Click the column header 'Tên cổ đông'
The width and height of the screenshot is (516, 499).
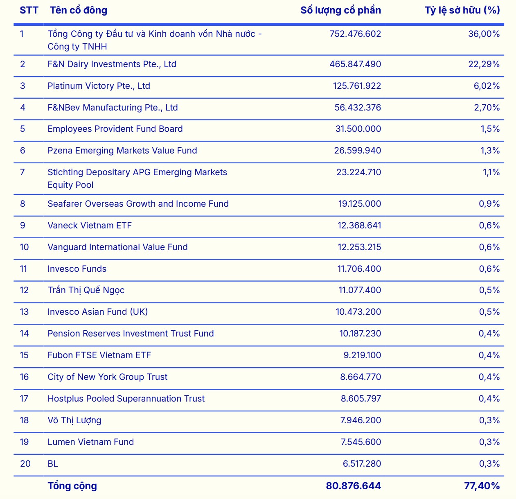pos(79,10)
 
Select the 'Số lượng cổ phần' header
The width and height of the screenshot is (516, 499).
pos(341,10)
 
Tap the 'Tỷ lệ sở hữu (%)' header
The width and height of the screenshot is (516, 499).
pos(462,10)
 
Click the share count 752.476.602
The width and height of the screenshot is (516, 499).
pos(355,34)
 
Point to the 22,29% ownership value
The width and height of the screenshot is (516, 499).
pos(484,64)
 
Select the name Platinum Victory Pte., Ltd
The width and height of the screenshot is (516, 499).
pos(99,86)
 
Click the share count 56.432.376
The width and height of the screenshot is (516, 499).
pos(357,107)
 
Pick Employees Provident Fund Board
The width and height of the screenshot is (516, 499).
pos(115,129)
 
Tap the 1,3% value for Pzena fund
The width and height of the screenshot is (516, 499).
pos(490,151)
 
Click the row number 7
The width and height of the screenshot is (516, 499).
pos(23,172)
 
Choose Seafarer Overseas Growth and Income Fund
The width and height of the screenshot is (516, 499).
pos(138,204)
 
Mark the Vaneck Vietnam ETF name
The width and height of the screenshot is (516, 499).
pos(90,226)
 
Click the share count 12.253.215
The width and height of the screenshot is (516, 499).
pos(359,247)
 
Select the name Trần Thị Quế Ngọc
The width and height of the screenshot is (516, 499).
pos(86,290)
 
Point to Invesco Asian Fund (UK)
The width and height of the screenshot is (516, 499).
pos(97,312)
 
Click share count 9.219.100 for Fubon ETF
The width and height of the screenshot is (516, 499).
pos(362,355)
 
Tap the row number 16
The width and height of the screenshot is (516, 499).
pos(24,377)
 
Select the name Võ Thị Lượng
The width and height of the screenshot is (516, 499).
pos(74,420)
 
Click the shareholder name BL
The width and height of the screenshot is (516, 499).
pos(52,464)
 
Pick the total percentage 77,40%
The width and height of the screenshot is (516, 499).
pos(482,486)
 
